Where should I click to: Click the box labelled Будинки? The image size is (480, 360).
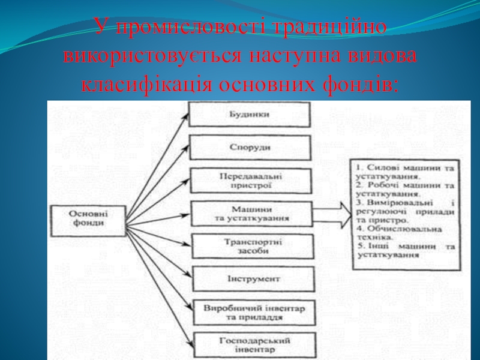tap(250, 114)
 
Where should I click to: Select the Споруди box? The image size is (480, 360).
tap(250, 148)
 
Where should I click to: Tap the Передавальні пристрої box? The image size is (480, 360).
tap(251, 181)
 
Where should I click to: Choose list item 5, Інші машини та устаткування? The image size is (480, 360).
tap(403, 250)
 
